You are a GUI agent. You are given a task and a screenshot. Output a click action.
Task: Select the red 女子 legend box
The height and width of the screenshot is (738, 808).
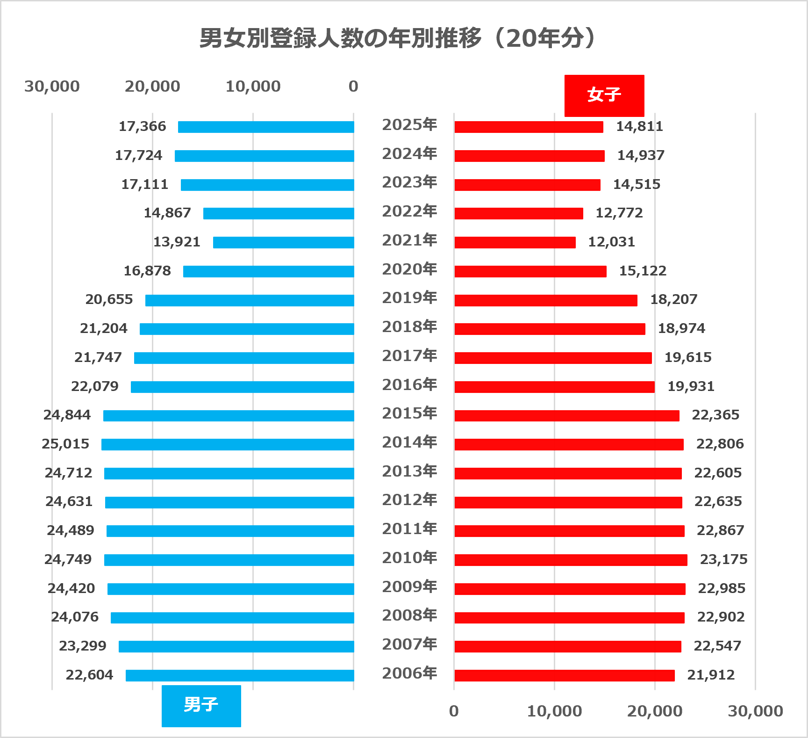click(x=604, y=95)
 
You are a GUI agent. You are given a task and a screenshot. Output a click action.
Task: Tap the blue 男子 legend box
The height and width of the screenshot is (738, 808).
click(x=201, y=705)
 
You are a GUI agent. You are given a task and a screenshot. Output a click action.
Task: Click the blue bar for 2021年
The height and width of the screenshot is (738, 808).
click(x=283, y=242)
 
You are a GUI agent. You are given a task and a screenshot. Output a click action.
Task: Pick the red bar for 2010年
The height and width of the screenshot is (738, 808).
click(x=571, y=560)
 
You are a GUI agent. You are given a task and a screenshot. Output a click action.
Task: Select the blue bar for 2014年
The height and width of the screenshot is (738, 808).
click(x=228, y=444)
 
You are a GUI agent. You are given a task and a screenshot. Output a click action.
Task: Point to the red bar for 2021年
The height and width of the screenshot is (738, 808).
click(x=515, y=242)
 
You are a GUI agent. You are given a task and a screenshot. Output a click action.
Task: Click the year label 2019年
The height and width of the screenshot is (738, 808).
click(x=409, y=298)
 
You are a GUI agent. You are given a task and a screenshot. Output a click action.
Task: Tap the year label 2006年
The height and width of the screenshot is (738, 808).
click(x=409, y=673)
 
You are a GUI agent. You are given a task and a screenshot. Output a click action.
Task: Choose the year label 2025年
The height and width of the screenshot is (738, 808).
click(x=409, y=125)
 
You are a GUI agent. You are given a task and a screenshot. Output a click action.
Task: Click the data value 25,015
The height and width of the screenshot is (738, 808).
click(x=65, y=444)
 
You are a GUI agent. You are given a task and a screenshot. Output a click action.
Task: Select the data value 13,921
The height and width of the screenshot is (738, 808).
click(x=177, y=242)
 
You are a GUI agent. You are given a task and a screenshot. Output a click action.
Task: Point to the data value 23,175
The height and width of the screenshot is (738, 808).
click(x=723, y=559)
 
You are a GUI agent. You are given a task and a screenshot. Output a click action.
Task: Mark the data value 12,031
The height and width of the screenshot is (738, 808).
click(x=611, y=242)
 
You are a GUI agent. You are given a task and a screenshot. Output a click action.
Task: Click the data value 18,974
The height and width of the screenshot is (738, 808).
click(x=681, y=328)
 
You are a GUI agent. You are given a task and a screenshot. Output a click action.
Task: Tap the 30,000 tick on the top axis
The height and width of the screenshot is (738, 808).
click(x=52, y=87)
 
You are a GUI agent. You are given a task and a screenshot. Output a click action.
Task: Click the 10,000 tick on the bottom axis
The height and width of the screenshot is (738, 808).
click(x=554, y=711)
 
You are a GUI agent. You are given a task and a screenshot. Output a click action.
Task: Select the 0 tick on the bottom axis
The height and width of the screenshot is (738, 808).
click(x=454, y=711)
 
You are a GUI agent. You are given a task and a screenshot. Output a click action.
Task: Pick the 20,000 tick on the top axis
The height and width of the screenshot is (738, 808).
click(x=152, y=87)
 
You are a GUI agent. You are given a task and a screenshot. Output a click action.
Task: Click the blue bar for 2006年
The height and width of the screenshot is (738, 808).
click(x=240, y=675)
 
